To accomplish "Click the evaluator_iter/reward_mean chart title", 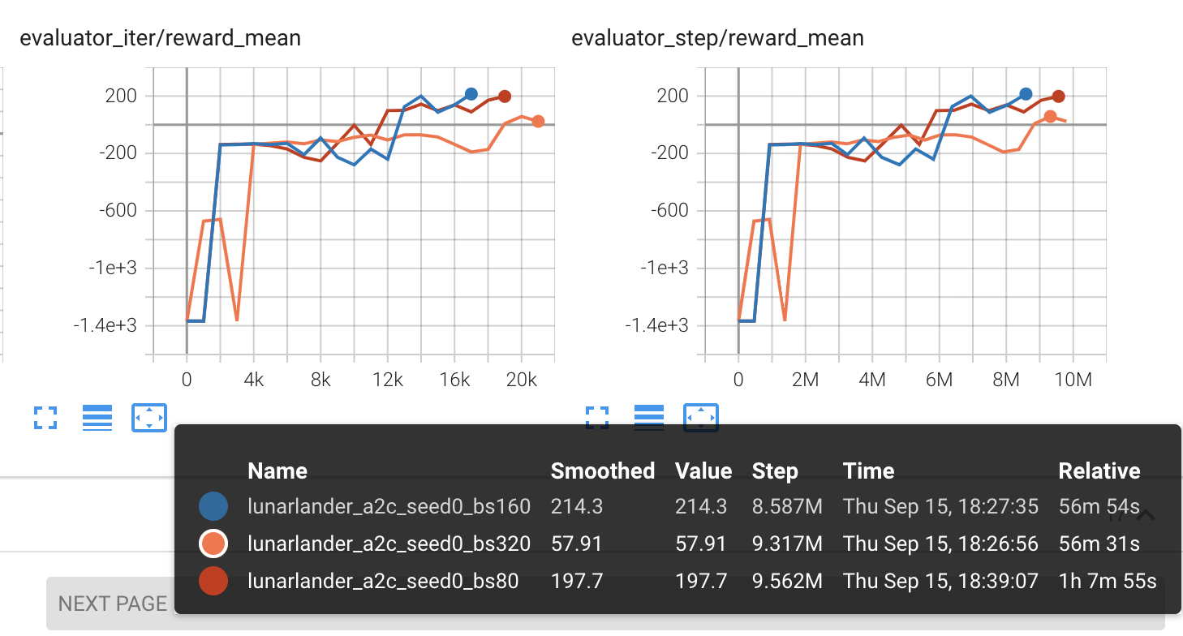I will pos(160,38).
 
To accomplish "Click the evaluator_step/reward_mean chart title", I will pos(717,38).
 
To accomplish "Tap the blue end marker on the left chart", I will pos(471,94).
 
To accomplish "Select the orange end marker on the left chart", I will pos(538,122).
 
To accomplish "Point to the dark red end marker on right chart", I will pos(1058,97).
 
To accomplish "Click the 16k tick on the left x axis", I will pos(454,380).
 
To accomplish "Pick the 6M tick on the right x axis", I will pos(939,380).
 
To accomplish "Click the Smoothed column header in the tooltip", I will pos(602,471).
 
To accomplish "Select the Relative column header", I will pos(1099,471).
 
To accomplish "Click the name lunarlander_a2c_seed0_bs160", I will pos(389,507).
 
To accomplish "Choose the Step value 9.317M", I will pos(787,544).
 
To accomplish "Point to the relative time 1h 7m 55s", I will pos(1108,581).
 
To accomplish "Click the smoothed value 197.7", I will pos(576,581).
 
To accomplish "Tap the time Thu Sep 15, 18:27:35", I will pos(940,507).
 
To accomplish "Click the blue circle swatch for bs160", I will pos(213,507).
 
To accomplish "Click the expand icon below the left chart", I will pos(45,418).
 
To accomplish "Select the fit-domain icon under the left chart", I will pos(148,418).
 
